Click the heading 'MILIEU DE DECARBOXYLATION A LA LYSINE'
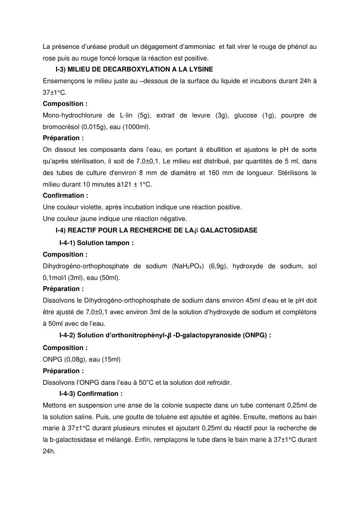[x=140, y=70]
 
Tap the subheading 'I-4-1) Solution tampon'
[x=96, y=243]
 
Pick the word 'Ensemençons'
[x=61, y=81]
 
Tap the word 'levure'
[x=202, y=115]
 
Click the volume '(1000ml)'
[x=138, y=127]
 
